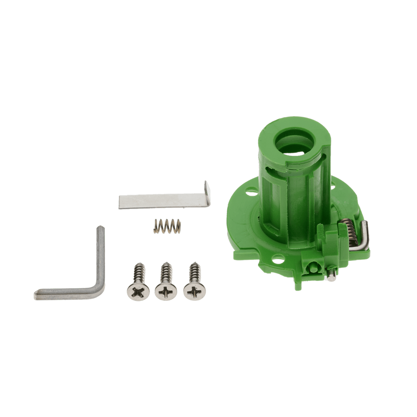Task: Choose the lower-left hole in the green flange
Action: (x=279, y=260)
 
